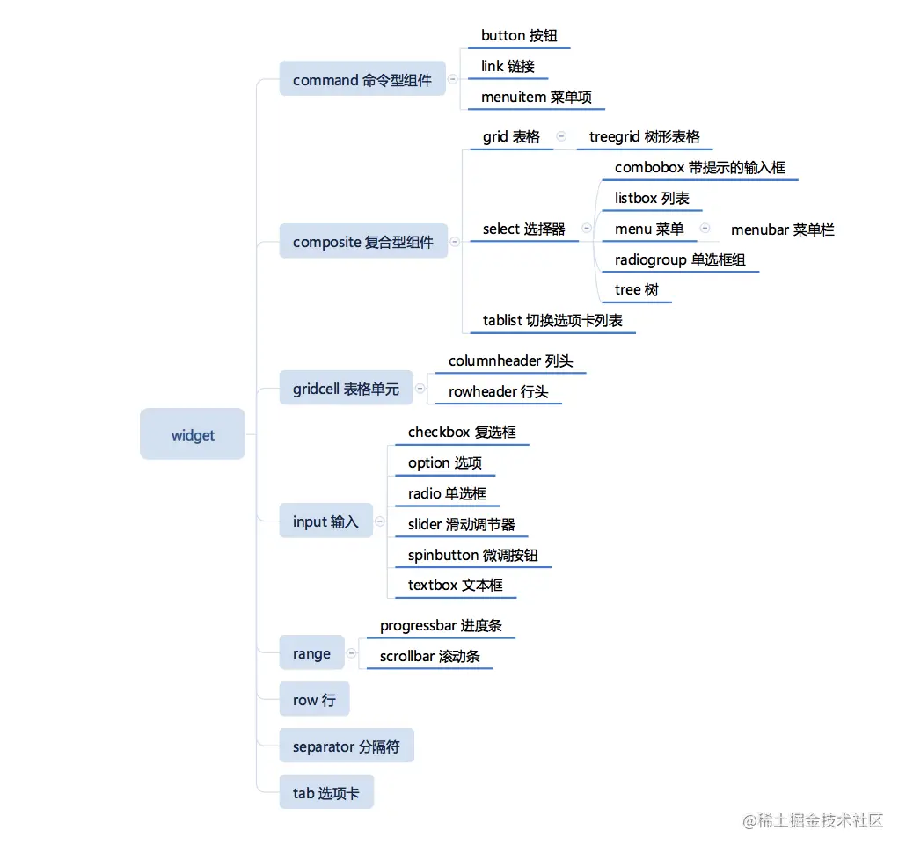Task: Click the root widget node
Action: (x=193, y=433)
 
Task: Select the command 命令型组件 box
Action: (x=362, y=78)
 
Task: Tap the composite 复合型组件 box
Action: (x=363, y=241)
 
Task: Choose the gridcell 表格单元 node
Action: (x=346, y=388)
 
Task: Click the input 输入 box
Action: (x=325, y=521)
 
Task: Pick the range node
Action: (x=312, y=652)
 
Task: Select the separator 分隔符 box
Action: (x=347, y=746)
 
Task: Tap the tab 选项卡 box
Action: (x=326, y=792)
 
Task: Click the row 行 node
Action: (x=314, y=699)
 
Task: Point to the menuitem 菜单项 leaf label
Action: (x=537, y=97)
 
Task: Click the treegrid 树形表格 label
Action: (x=644, y=137)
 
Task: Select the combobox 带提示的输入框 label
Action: (x=699, y=168)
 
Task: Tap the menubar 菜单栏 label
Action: (x=782, y=229)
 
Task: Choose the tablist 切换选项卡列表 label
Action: (x=552, y=321)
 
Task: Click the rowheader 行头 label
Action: (x=498, y=391)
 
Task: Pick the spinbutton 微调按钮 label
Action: (x=472, y=555)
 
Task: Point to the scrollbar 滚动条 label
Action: (x=430, y=656)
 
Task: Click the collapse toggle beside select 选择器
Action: (x=587, y=228)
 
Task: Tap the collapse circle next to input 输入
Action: (x=380, y=521)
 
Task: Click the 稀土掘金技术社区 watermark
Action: (x=813, y=820)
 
